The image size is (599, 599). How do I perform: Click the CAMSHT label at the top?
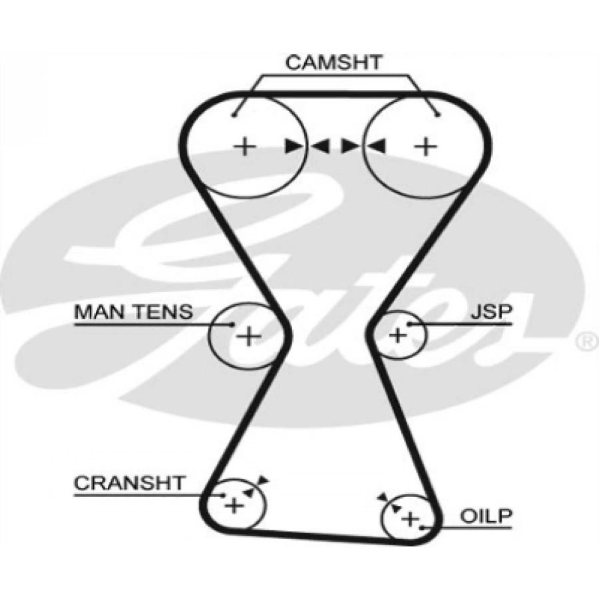click(333, 63)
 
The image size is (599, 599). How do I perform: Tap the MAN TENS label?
click(133, 311)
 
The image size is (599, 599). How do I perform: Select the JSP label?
click(491, 311)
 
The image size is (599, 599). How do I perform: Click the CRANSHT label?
click(128, 483)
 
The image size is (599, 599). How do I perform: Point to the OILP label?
click(487, 516)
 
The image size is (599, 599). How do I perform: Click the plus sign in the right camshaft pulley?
click(425, 146)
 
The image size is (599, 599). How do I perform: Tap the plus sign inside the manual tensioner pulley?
click(249, 336)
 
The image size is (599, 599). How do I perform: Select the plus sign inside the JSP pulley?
click(397, 335)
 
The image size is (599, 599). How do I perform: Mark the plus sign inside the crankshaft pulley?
click(234, 506)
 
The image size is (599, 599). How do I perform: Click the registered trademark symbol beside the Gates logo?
click(585, 342)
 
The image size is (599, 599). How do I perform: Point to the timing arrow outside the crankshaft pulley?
click(264, 480)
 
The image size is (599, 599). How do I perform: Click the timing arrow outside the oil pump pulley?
click(381, 497)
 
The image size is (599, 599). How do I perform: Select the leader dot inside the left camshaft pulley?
click(235, 115)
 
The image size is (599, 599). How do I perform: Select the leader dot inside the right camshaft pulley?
click(437, 115)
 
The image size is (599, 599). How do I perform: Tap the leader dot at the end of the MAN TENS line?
click(232, 324)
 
